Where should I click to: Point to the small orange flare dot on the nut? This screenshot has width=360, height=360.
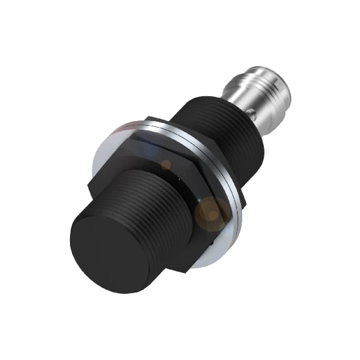click(x=166, y=164)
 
